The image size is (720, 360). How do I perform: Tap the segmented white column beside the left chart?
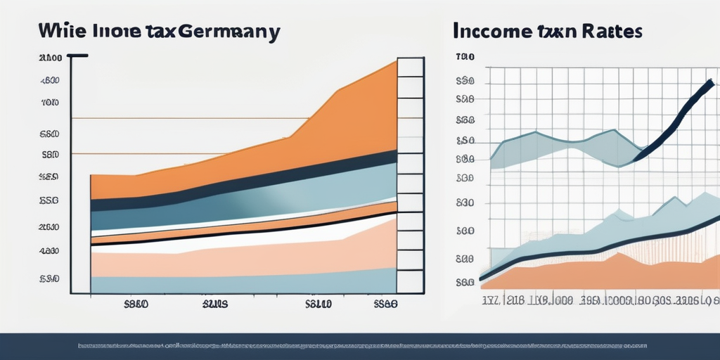click(411, 176)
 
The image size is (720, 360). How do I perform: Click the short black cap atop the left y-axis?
click(77, 56)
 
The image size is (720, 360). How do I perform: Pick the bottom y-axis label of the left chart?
click(49, 279)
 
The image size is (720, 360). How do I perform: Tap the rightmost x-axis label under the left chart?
click(384, 305)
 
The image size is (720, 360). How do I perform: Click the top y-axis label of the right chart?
click(465, 56)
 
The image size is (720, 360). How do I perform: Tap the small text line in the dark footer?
click(360, 346)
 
